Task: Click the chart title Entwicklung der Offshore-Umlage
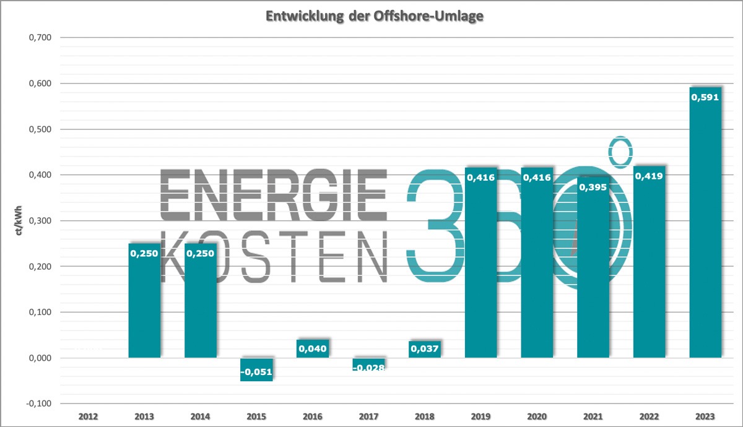374,17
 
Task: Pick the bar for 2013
144,303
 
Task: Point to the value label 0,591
705,97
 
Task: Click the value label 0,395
593,186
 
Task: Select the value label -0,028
369,368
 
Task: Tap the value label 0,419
649,176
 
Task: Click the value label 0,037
425,349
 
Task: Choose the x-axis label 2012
89,416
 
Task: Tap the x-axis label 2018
425,416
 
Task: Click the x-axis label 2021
593,416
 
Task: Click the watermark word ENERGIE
274,194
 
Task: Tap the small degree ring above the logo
620,152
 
